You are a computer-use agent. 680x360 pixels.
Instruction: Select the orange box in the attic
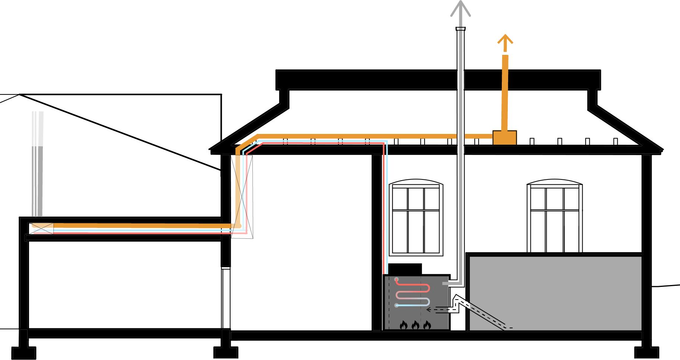(505, 138)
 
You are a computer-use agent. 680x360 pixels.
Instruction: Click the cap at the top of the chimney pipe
(461, 29)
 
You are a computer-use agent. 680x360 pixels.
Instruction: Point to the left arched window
(416, 218)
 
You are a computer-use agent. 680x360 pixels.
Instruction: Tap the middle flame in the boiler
(415, 325)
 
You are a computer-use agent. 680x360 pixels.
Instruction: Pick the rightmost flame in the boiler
(427, 325)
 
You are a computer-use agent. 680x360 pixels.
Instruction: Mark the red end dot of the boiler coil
(396, 279)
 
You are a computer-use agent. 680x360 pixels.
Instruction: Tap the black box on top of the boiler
(405, 269)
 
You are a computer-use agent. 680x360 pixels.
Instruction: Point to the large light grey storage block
(555, 293)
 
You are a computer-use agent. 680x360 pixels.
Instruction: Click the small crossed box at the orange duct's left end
(41, 228)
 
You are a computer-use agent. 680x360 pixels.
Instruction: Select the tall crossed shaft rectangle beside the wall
(242, 197)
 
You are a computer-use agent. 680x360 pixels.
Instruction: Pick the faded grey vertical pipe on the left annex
(38, 164)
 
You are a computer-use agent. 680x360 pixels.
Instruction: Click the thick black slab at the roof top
(438, 79)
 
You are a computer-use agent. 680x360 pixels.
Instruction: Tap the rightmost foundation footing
(646, 353)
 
